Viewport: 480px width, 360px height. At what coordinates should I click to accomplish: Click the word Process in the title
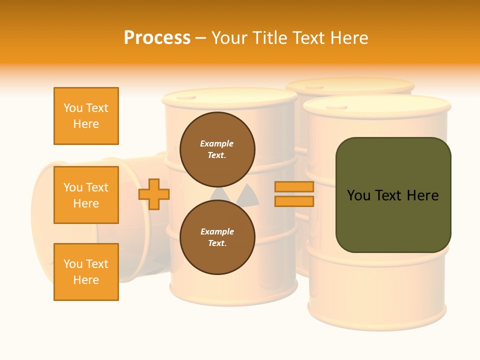tap(157, 38)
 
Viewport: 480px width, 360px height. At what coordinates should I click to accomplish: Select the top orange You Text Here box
tap(86, 116)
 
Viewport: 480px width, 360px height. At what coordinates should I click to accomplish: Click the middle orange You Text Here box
tap(86, 195)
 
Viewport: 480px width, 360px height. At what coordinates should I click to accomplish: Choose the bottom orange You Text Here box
tap(86, 272)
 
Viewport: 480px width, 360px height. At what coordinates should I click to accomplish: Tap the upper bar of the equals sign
tap(294, 187)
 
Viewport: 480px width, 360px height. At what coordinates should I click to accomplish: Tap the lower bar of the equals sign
tap(294, 201)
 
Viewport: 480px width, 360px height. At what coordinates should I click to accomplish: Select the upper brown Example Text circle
tap(217, 149)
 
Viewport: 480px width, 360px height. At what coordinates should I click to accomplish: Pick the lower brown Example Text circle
tap(217, 237)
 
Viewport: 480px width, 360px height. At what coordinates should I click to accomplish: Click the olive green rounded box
tap(393, 195)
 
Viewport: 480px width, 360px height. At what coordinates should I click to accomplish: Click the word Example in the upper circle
tap(217, 144)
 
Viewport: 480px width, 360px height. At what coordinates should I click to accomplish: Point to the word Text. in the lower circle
tap(217, 243)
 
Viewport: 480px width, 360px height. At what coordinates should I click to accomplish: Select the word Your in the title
tap(228, 38)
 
